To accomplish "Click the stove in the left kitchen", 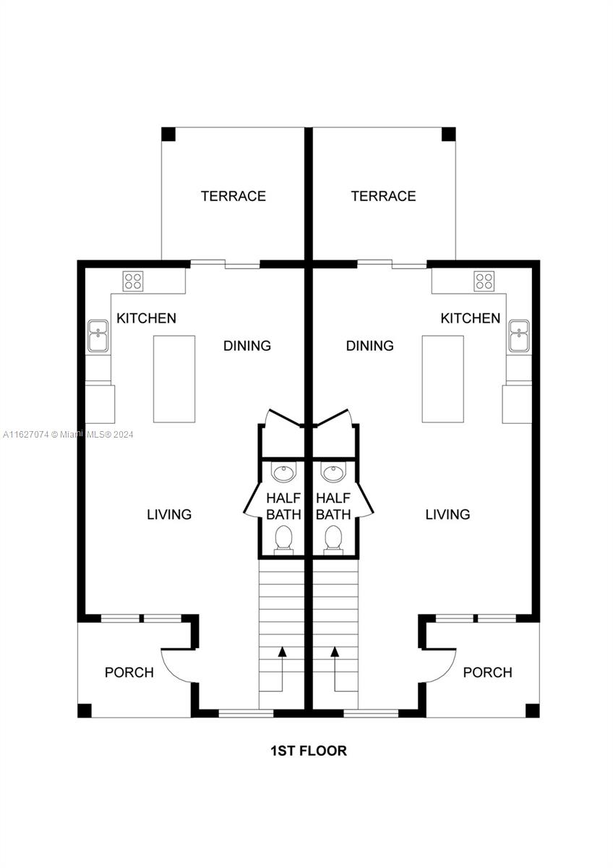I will pos(132,281).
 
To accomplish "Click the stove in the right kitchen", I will pos(484,281).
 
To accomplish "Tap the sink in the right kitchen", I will pos(518,336).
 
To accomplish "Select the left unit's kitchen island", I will pos(174,378).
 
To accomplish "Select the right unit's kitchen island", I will pos(442,378).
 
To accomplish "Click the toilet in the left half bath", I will pos(284,539).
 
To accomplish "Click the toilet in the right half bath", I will pos(333,539).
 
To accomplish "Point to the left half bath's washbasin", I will pos(284,475).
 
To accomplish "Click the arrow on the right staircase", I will pos(335,652).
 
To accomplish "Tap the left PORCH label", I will pos(129,672).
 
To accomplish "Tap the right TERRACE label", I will pos(383,196).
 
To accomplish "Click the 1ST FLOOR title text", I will pos(308,750).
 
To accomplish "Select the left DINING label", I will pos(247,345).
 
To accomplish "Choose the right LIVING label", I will pos(447,514).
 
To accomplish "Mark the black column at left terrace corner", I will pos(168,134).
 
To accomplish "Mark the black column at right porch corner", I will pos(532,710).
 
